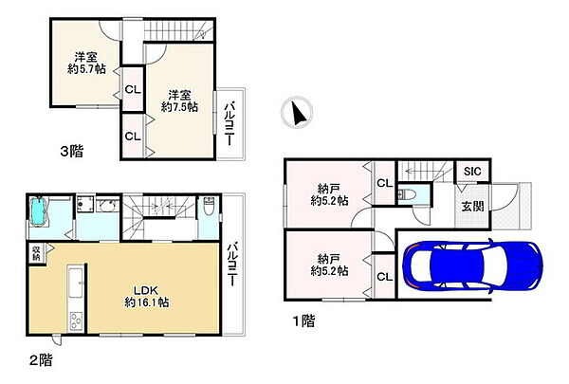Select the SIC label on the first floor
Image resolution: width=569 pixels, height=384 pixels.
coord(472,172)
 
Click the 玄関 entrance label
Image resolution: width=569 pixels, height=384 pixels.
coord(472,206)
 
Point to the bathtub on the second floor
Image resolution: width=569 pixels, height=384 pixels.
coord(38,211)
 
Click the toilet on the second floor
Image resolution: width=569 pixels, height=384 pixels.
coord(209,206)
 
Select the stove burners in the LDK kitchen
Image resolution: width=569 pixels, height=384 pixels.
coord(76,320)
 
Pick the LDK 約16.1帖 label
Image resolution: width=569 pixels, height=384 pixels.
coord(147,296)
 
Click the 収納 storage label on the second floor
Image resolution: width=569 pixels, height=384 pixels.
coord(36,253)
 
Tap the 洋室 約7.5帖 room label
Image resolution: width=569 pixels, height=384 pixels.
coord(179,101)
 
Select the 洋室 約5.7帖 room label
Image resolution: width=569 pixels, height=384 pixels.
coord(86,63)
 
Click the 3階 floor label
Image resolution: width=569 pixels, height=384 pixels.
coord(72,151)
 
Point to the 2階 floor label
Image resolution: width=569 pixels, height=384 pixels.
coord(41,360)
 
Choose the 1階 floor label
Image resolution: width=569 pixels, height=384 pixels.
coord(304,320)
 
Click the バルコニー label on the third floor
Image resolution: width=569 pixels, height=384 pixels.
coord(229,124)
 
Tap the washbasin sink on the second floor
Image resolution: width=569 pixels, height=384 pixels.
coord(106,206)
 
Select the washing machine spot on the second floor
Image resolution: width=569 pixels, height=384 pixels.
coord(85,204)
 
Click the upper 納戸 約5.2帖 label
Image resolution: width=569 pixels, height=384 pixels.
coord(329,194)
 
